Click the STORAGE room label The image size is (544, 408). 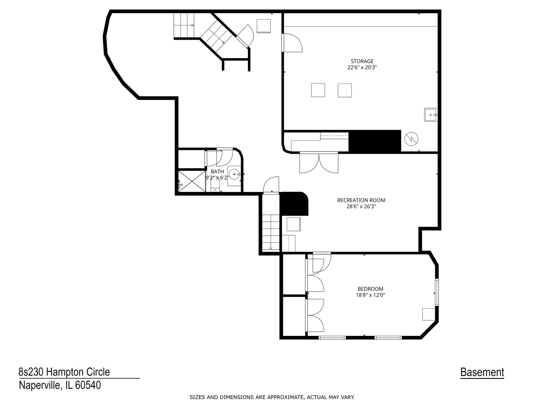coord(362,61)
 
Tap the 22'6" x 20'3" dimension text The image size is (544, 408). coord(362,68)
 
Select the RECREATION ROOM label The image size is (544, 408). coord(361,200)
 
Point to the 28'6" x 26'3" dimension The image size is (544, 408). coord(361,207)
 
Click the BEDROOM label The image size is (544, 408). coord(370,289)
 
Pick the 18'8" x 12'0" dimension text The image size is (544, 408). coord(370,295)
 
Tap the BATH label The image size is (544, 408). coord(217,172)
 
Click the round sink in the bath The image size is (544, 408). coord(234,174)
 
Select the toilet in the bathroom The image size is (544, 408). coord(215,187)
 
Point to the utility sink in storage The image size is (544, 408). coord(431,114)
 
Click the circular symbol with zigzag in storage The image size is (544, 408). coord(411,139)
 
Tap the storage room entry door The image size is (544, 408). coord(292,43)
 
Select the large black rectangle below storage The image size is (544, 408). coord(374,142)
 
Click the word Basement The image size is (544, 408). coord(482,372)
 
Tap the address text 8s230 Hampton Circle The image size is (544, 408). coord(64,372)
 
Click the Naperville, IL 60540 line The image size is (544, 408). coord(60,385)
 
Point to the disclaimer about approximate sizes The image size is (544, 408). coord(272,397)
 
